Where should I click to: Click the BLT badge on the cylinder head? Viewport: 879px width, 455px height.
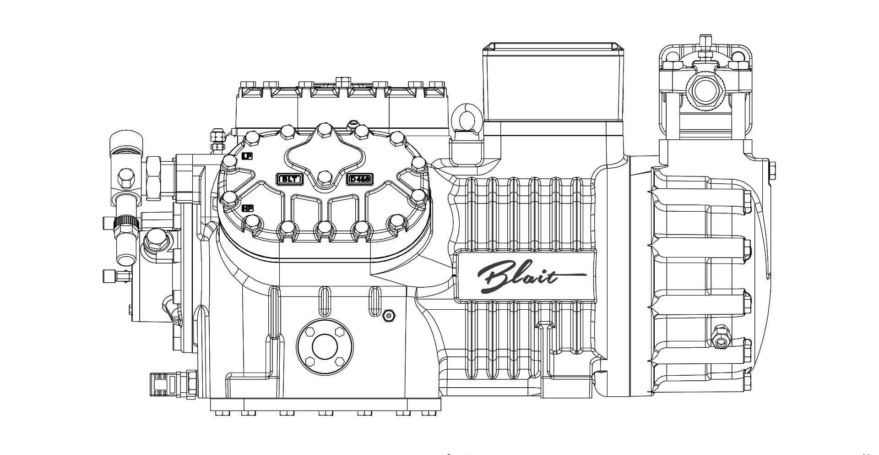[x=289, y=179]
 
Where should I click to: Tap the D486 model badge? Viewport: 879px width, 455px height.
[x=359, y=179]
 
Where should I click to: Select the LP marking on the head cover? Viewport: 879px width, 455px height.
[x=247, y=156]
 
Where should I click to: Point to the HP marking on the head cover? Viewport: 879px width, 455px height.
[x=248, y=208]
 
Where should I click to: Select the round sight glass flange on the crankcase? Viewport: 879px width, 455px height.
[x=325, y=346]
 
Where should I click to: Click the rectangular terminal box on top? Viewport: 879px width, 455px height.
[x=553, y=82]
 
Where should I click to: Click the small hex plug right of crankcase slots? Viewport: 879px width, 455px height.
[x=389, y=315]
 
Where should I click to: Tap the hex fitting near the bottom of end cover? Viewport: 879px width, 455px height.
[x=721, y=341]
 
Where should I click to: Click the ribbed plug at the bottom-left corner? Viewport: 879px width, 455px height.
[x=165, y=384]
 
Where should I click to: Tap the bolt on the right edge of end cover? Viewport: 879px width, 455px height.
[x=772, y=170]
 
